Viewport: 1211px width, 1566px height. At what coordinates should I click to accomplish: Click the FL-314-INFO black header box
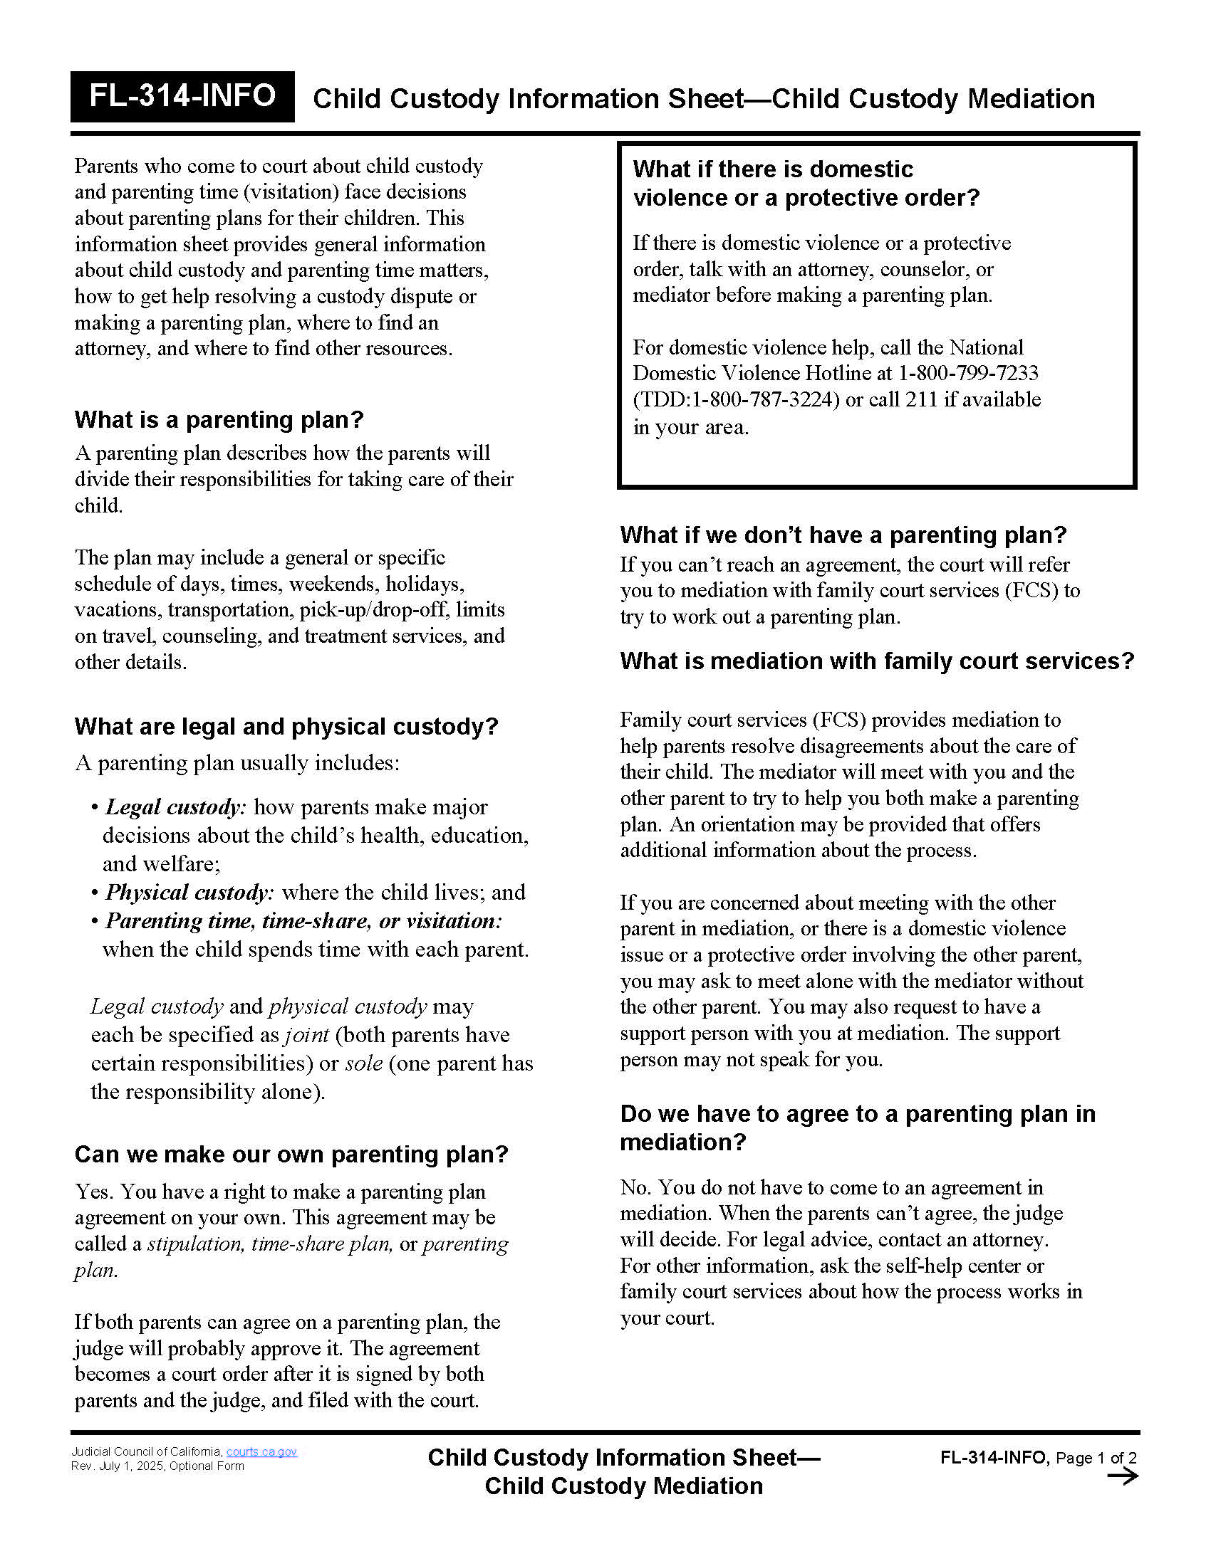pyautogui.click(x=182, y=96)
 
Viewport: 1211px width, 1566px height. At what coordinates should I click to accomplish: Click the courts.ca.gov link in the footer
pyautogui.click(x=261, y=1452)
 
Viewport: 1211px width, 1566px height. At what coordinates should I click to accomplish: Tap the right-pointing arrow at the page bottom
pyautogui.click(x=1123, y=1476)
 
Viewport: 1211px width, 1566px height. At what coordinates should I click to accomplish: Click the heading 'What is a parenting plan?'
pyautogui.click(x=219, y=419)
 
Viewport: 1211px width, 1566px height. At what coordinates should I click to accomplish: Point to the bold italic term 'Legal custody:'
pyautogui.click(x=176, y=807)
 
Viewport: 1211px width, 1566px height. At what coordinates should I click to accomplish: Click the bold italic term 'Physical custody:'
pyautogui.click(x=189, y=893)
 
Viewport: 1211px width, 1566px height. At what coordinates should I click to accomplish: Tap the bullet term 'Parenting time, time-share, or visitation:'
pyautogui.click(x=303, y=920)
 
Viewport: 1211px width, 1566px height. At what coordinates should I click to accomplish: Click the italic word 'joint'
pyautogui.click(x=306, y=1036)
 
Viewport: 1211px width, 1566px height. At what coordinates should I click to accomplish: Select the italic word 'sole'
pyautogui.click(x=364, y=1063)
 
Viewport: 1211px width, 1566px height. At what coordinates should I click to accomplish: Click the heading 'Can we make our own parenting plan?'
pyautogui.click(x=291, y=1155)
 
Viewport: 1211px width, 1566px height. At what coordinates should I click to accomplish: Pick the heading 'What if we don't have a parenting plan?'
pyautogui.click(x=843, y=535)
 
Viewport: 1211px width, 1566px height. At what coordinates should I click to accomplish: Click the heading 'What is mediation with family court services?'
pyautogui.click(x=877, y=661)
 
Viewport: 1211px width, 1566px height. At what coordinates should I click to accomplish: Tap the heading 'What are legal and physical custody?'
pyautogui.click(x=286, y=726)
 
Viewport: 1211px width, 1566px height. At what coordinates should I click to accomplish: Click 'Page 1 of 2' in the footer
pyautogui.click(x=1096, y=1459)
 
